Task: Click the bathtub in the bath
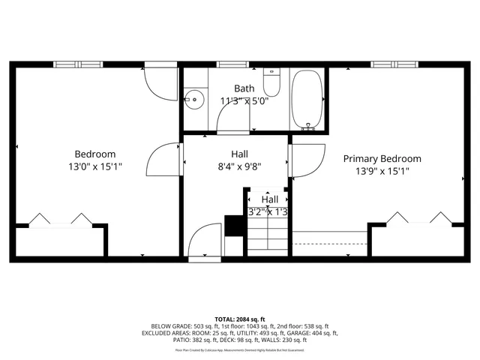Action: [307, 100]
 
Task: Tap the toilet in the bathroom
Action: [271, 83]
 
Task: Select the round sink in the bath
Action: [196, 97]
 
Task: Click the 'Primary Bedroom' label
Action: [382, 158]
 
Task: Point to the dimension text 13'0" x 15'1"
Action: [94, 166]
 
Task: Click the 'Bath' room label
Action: [244, 88]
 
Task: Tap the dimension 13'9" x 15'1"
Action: [382, 171]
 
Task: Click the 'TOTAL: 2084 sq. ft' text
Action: [239, 319]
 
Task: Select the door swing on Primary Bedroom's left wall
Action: [306, 159]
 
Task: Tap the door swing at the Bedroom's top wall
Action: [159, 82]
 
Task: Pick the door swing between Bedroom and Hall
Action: [163, 160]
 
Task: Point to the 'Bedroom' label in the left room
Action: [94, 154]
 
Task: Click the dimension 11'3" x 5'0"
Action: [244, 101]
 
